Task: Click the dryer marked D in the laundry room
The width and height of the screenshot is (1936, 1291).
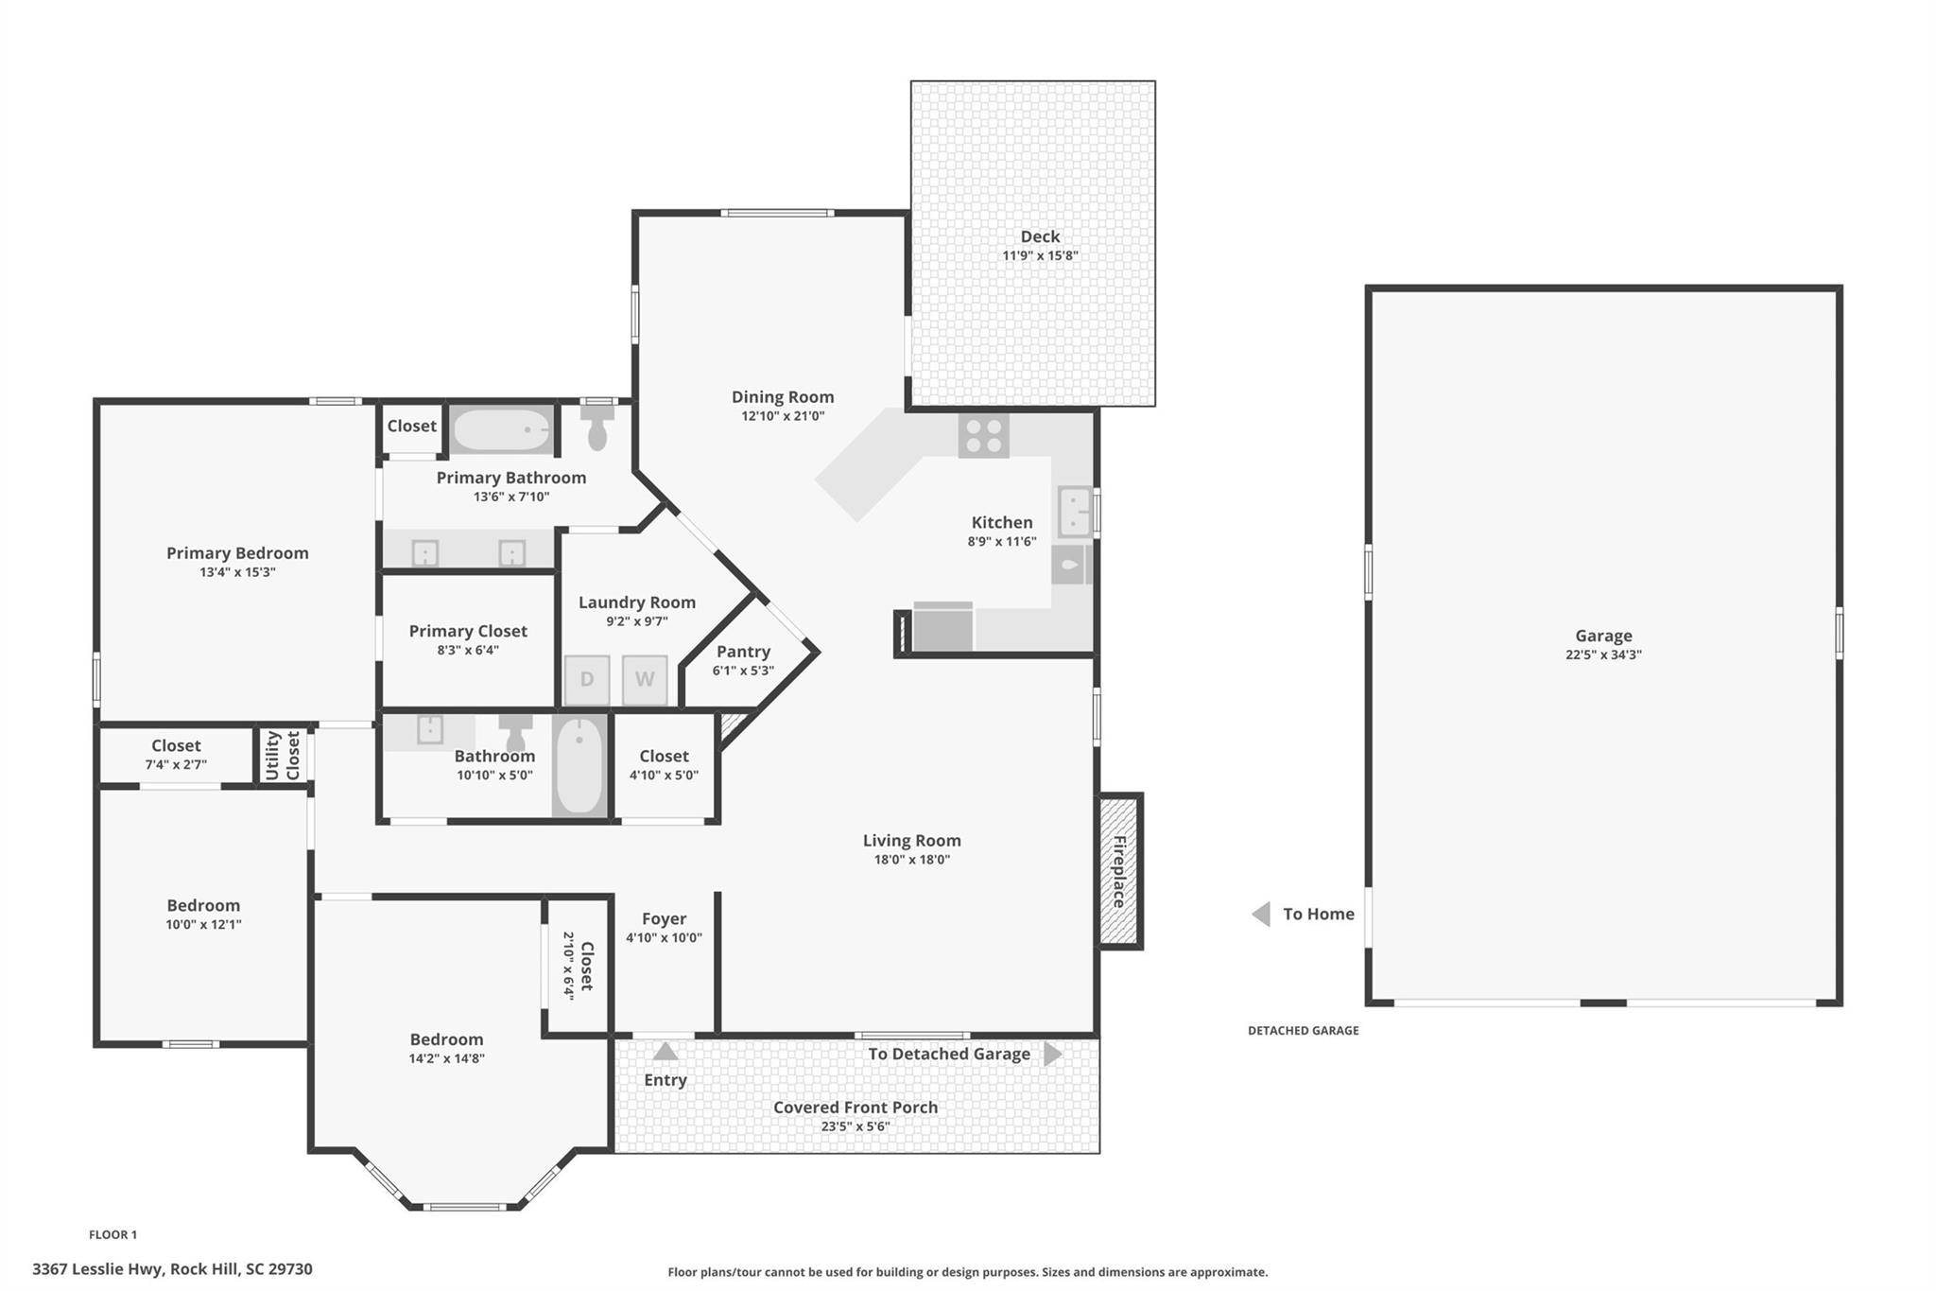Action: click(x=587, y=680)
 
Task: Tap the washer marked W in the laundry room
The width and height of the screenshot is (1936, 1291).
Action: click(x=645, y=680)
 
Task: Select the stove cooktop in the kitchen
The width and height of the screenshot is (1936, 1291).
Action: click(x=983, y=436)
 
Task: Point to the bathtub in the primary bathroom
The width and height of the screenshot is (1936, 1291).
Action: click(x=501, y=430)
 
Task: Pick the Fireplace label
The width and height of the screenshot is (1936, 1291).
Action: click(x=1119, y=871)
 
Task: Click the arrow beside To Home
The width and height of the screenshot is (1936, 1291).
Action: click(x=1261, y=915)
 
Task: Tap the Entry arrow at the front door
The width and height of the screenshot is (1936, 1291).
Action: click(x=665, y=1052)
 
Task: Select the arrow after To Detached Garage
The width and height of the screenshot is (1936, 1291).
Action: click(x=1053, y=1054)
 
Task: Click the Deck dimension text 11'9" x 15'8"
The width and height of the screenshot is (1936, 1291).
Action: click(x=1040, y=255)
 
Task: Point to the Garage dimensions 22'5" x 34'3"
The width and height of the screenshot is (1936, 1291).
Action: click(x=1603, y=654)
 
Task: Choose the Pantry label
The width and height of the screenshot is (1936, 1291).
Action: click(x=743, y=652)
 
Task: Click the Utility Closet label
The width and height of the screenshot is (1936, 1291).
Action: click(x=283, y=755)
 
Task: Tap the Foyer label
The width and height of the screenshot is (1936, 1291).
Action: click(x=664, y=919)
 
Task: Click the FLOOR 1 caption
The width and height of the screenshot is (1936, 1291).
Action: click(x=112, y=1234)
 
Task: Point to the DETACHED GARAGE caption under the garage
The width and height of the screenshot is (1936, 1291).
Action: click(x=1303, y=1031)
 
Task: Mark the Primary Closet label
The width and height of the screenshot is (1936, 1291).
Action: click(x=468, y=631)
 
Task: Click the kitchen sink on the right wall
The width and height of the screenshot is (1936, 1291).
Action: click(x=1074, y=512)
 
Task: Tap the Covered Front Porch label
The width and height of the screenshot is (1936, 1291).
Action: click(x=856, y=1108)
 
